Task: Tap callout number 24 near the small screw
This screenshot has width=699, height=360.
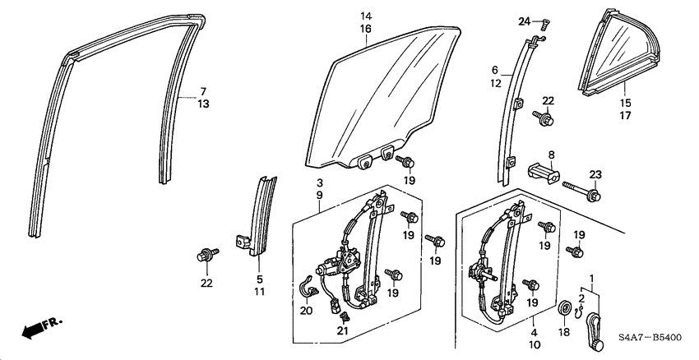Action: pyautogui.click(x=524, y=21)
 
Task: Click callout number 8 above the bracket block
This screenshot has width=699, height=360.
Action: pyautogui.click(x=551, y=154)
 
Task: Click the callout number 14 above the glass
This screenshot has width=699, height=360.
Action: pyautogui.click(x=365, y=16)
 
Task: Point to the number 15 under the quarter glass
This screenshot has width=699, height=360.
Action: pyautogui.click(x=625, y=104)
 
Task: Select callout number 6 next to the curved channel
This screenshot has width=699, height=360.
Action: pyautogui.click(x=495, y=71)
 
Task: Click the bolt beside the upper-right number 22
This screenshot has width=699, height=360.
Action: pyautogui.click(x=546, y=119)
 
